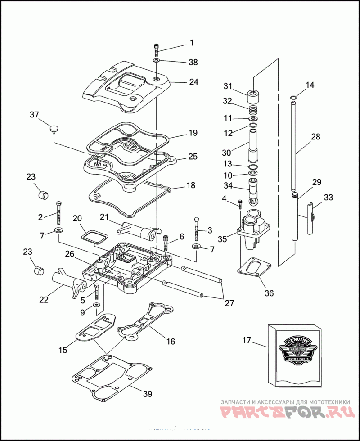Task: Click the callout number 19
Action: click(x=193, y=133)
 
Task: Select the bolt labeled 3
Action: click(x=197, y=229)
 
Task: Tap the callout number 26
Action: click(x=69, y=254)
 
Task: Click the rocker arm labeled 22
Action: click(x=70, y=283)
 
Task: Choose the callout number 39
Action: click(x=147, y=394)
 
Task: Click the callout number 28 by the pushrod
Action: click(x=315, y=137)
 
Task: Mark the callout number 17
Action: click(x=247, y=340)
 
